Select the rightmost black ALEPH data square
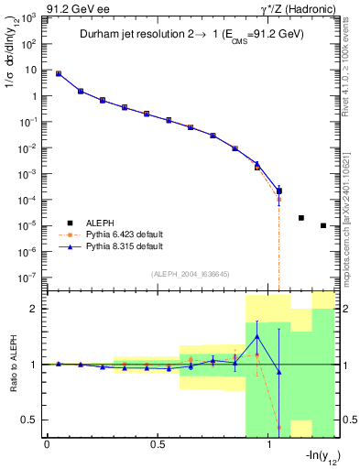(323, 225)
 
